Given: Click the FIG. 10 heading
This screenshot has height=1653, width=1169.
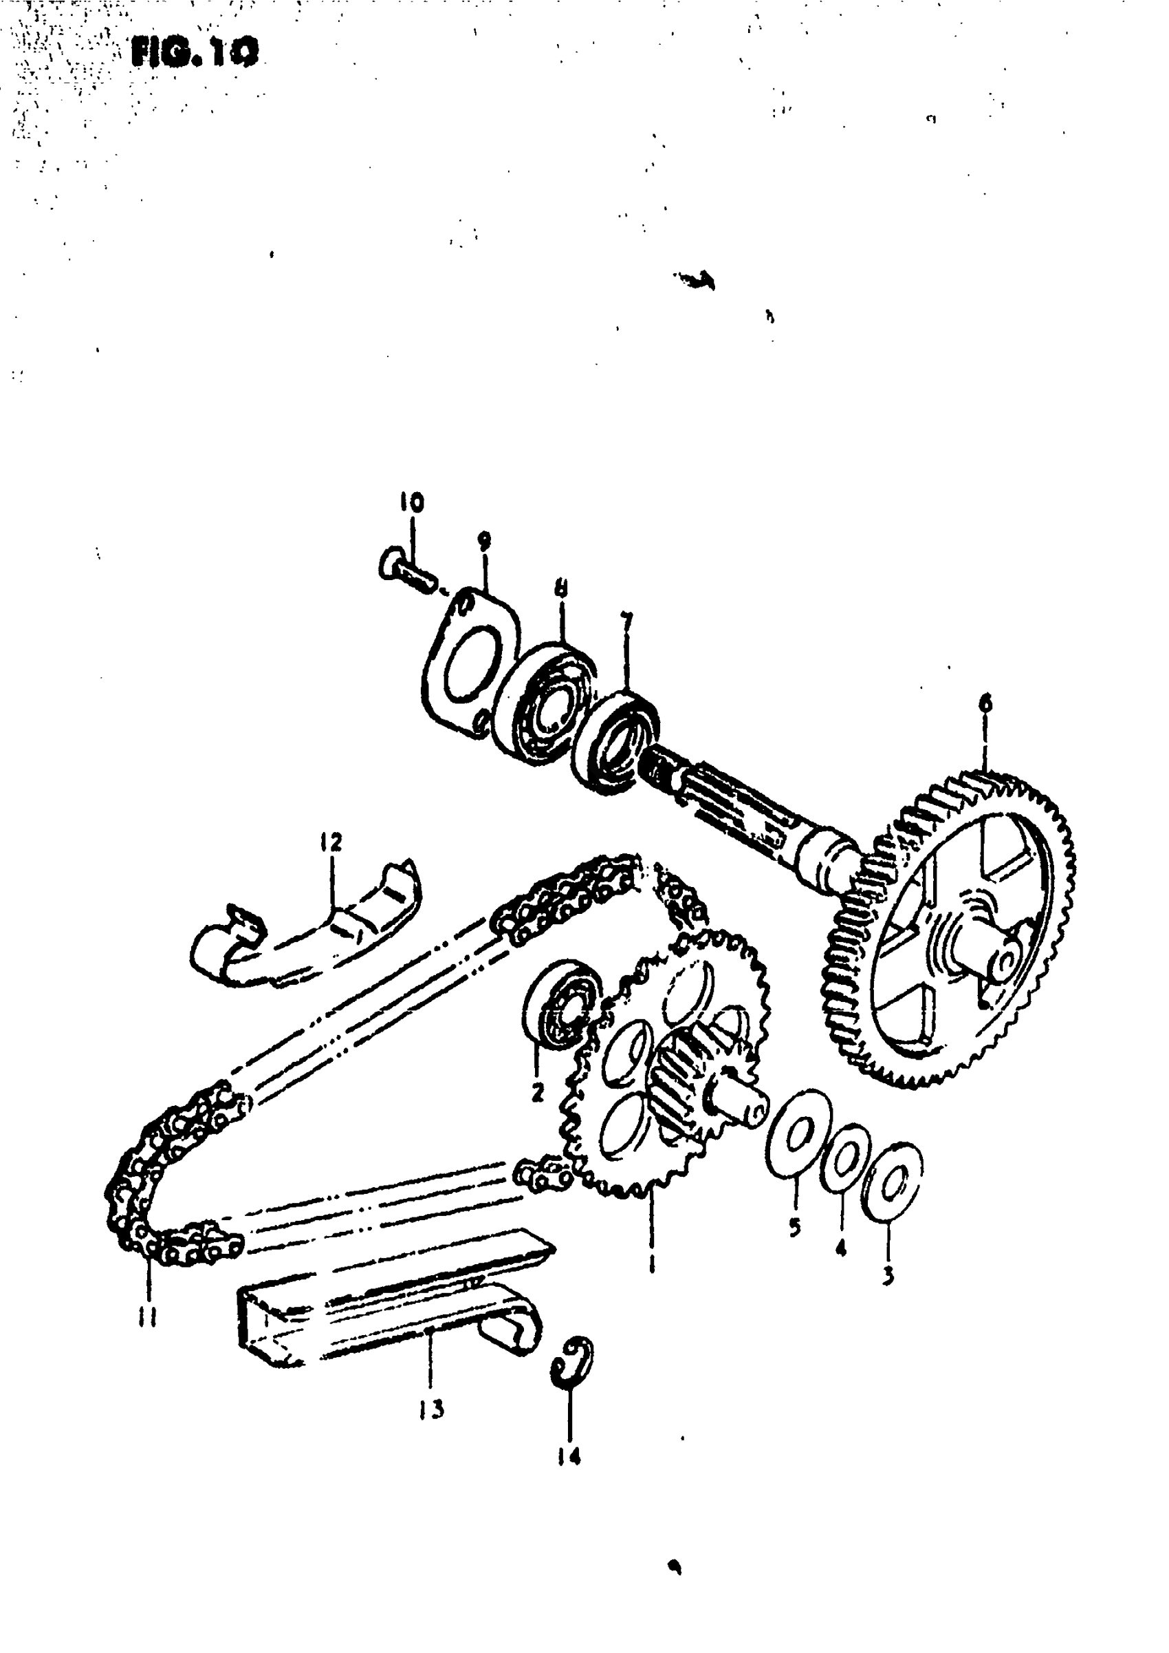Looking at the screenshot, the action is [195, 52].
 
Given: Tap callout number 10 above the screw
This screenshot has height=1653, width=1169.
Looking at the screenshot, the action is [413, 502].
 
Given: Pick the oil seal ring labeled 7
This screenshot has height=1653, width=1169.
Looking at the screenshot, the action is [616, 742].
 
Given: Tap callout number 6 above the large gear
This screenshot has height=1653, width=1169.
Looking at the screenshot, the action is [985, 702].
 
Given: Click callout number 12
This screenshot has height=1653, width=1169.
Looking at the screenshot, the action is [332, 841].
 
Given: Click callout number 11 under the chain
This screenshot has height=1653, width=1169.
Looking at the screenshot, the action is [148, 1317].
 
